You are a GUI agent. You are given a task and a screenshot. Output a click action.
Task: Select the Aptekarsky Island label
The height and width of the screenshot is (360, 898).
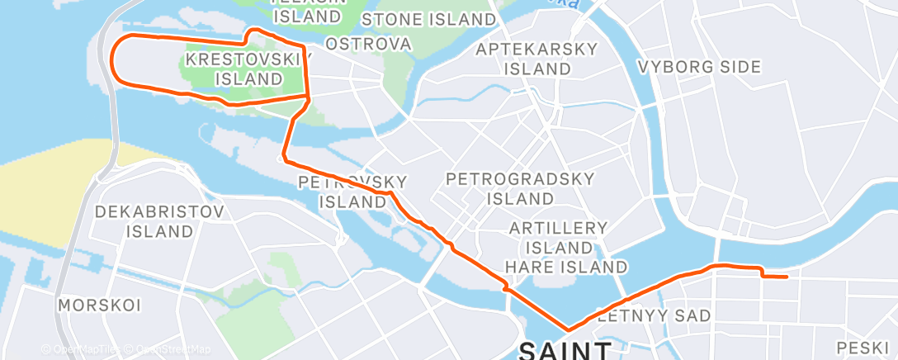click(x=536, y=59)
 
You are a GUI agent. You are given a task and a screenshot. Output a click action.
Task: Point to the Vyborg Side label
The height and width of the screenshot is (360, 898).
click(x=693, y=67)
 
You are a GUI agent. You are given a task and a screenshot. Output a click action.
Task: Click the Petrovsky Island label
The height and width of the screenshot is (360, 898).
click(x=352, y=191)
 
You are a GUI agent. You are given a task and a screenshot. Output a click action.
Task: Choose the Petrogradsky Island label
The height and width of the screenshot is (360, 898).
click(x=508, y=188)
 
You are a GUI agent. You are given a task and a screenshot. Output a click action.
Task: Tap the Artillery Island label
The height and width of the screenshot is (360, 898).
click(x=558, y=238)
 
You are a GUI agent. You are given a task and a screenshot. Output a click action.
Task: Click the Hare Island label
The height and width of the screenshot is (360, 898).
click(x=565, y=267)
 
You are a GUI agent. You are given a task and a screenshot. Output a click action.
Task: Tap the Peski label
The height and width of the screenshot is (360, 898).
click(x=861, y=347)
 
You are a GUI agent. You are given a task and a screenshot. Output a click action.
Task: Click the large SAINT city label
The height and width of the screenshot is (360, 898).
click(x=565, y=351)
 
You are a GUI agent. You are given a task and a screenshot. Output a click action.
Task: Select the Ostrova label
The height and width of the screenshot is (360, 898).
click(x=368, y=43)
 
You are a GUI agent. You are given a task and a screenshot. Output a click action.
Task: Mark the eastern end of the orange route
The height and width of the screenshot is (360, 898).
click(x=787, y=277)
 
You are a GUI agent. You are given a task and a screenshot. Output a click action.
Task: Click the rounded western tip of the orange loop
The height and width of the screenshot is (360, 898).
click(x=114, y=61)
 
